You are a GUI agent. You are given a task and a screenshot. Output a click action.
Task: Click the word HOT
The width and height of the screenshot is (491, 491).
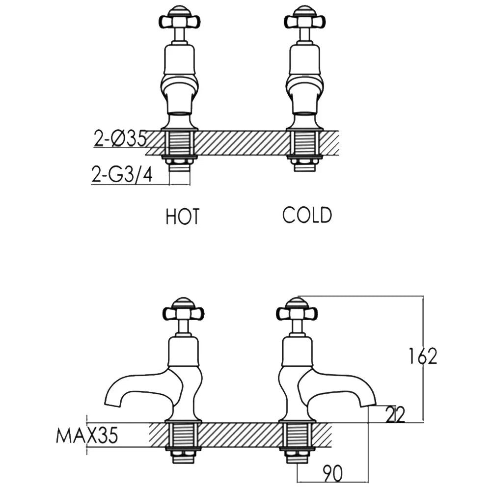(182, 217)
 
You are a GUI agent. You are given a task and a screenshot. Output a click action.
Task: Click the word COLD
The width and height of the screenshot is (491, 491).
(307, 215)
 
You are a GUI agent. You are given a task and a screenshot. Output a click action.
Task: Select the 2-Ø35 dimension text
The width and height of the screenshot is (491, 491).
(120, 138)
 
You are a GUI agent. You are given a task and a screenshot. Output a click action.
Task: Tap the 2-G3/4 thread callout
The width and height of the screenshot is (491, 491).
(122, 174)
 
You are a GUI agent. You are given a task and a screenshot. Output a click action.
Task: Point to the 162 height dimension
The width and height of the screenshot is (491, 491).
(423, 356)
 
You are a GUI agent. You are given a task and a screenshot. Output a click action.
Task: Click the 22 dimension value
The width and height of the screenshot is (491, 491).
(395, 414)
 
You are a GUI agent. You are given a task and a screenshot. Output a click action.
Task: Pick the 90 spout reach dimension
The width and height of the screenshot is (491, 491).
(332, 473)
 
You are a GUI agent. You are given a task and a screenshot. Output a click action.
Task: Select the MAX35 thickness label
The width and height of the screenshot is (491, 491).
(87, 435)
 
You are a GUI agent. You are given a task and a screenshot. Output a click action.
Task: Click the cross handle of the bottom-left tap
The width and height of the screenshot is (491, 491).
(184, 312)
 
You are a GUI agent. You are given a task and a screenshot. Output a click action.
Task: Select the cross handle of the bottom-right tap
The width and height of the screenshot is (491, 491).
(297, 312)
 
